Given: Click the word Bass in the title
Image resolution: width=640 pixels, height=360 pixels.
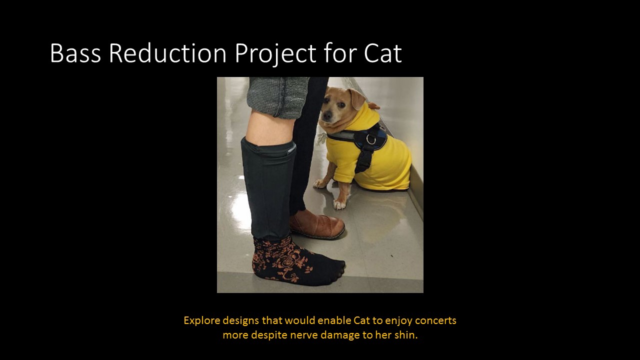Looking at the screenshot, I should (75, 53).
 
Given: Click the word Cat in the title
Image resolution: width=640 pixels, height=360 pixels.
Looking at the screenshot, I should (382, 53).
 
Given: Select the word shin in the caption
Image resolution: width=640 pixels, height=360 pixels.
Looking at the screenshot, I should (406, 335).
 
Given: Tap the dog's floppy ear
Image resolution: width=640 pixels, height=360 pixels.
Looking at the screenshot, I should (358, 98).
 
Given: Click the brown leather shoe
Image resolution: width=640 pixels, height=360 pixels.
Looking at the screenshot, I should (317, 224).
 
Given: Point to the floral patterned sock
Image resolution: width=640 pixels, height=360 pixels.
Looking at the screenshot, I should (290, 260).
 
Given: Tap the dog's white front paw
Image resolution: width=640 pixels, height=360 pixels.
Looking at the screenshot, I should (340, 204).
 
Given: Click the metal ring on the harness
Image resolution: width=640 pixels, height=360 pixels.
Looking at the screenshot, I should (370, 139).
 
